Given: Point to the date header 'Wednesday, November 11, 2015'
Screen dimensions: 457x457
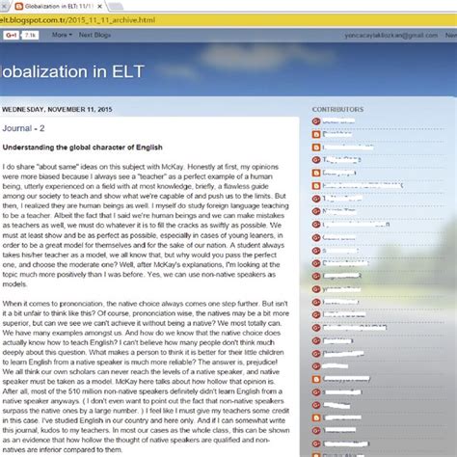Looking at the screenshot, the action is tap(58, 108).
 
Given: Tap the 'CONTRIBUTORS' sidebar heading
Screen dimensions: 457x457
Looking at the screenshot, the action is tap(338, 110).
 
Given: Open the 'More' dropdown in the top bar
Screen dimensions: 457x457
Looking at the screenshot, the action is tap(61, 35).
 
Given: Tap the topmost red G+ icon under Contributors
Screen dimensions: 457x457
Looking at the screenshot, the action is tap(317, 122).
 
